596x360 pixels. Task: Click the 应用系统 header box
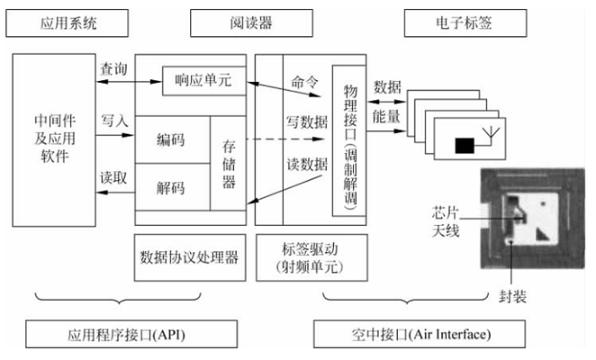pyautogui.click(x=67, y=23)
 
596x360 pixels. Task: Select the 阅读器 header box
pyautogui.click(x=251, y=23)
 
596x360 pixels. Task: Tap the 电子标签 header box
pyautogui.click(x=465, y=23)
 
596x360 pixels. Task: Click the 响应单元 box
pyautogui.click(x=204, y=81)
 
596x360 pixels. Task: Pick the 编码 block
pyautogui.click(x=173, y=139)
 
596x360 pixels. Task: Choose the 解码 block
pyautogui.click(x=173, y=187)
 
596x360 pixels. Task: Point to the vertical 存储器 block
pyautogui.click(x=228, y=164)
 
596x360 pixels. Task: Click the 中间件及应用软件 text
pyautogui.click(x=55, y=139)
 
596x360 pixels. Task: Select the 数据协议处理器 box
pyautogui.click(x=190, y=257)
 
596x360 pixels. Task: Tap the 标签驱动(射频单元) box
pyautogui.click(x=312, y=257)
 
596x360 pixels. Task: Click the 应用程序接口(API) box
pyautogui.click(x=131, y=334)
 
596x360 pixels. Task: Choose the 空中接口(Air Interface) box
pyautogui.click(x=420, y=334)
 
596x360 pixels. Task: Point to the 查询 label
pyautogui.click(x=113, y=69)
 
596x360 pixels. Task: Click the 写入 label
pyautogui.click(x=114, y=121)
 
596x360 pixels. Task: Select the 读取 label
pyautogui.click(x=113, y=177)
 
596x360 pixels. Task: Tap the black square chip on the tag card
pyautogui.click(x=465, y=146)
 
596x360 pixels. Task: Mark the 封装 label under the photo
pyautogui.click(x=513, y=296)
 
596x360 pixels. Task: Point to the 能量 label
pyautogui.click(x=386, y=116)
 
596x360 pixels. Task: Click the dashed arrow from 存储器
pyautogui.click(x=285, y=139)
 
